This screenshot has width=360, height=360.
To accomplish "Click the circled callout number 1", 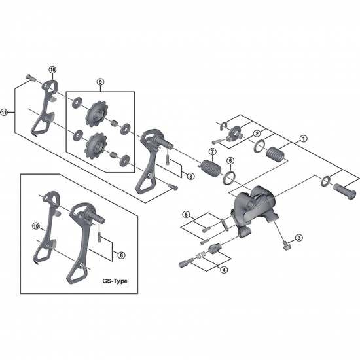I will point(303,139).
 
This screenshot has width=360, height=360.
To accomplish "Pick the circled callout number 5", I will point(186,215).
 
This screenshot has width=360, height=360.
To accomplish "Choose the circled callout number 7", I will point(211,152).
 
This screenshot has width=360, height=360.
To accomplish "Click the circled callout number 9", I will point(100,82).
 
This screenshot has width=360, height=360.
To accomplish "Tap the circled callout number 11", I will point(7,111).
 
